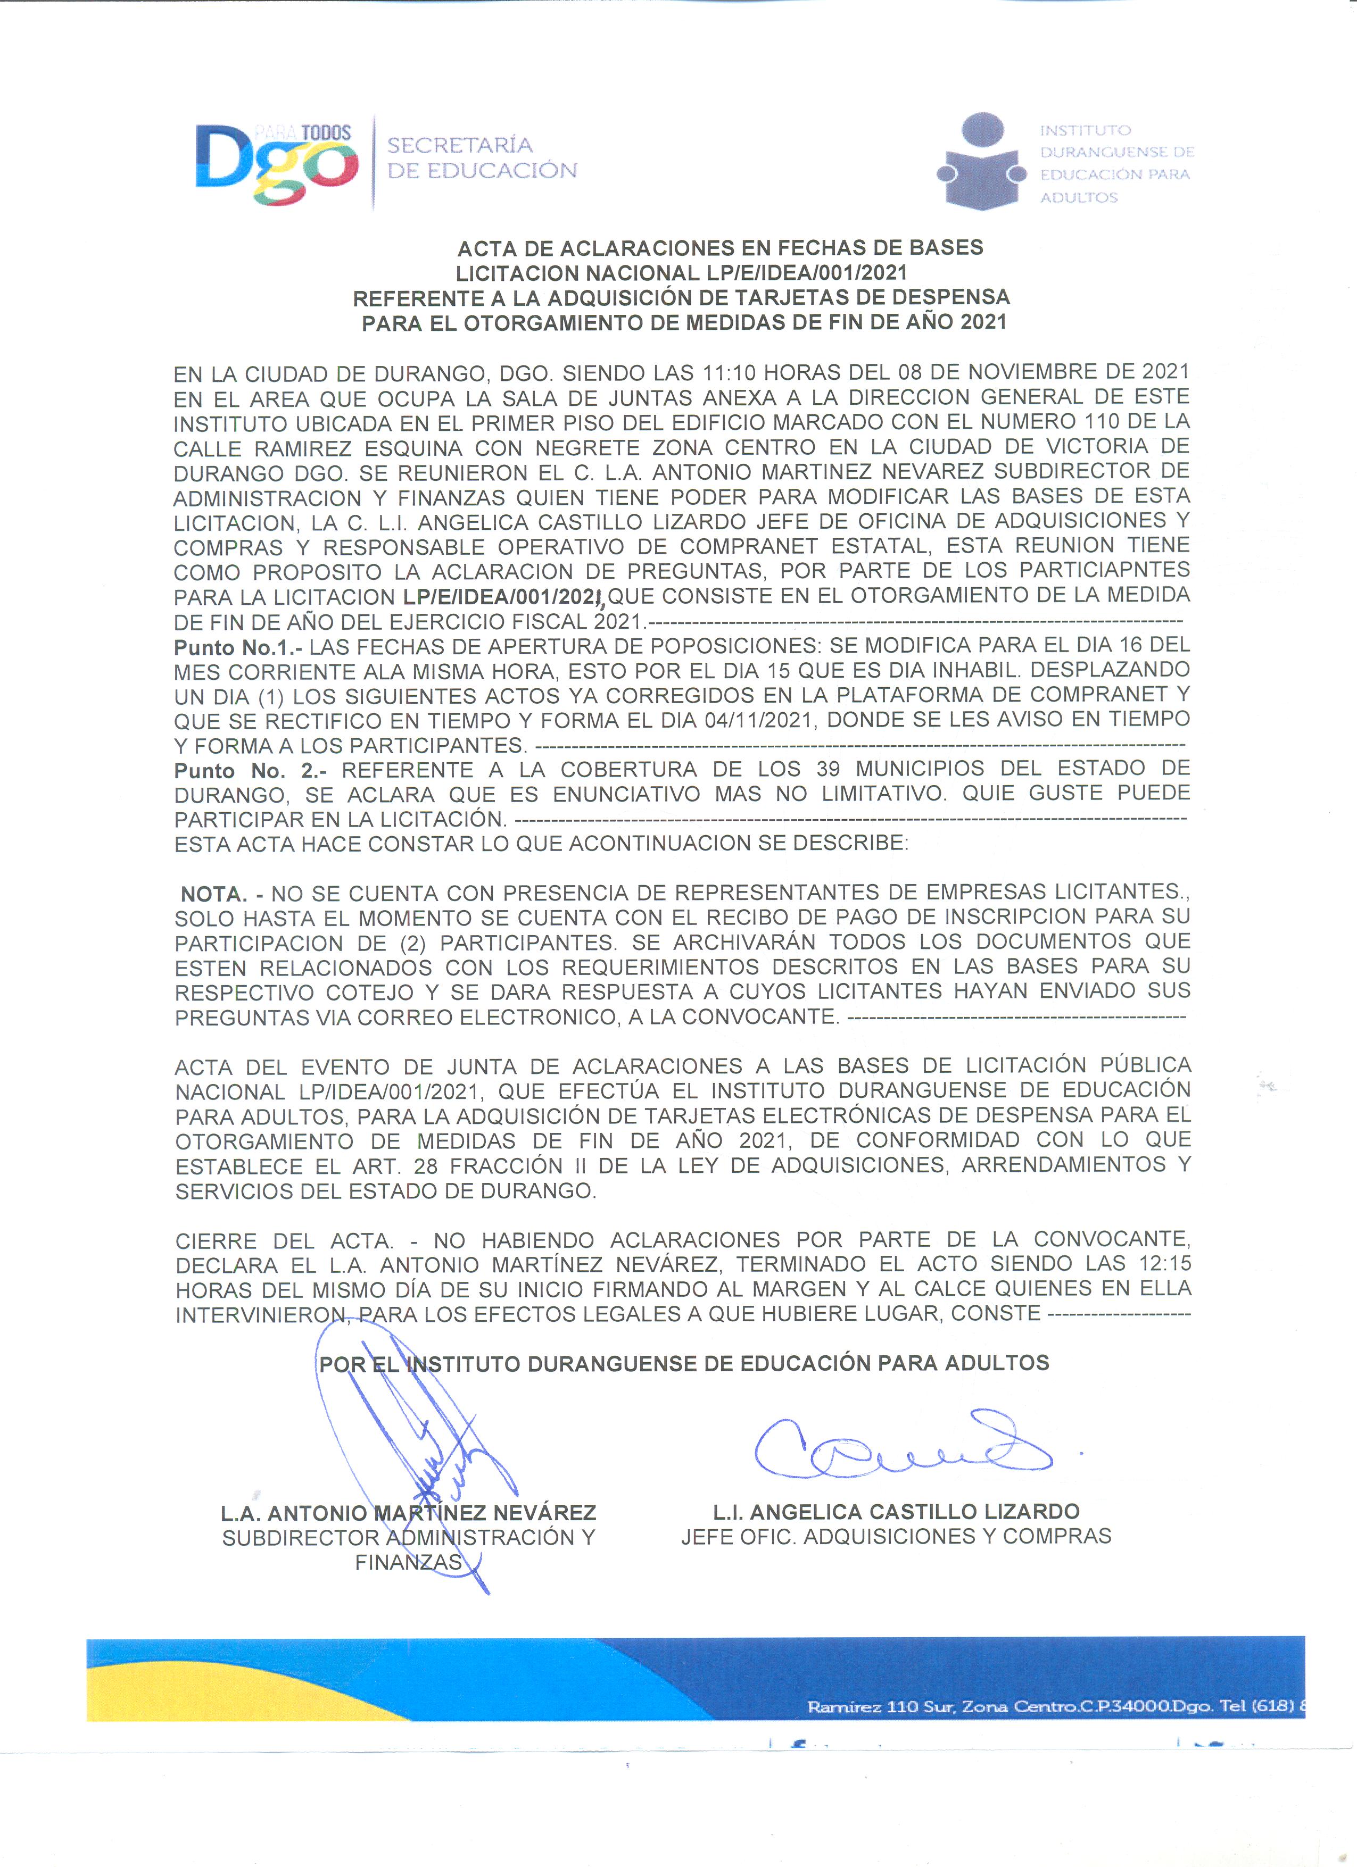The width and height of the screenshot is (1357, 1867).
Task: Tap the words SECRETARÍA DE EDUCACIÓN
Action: point(482,158)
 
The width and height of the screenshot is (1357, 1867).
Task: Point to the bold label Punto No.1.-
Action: point(238,646)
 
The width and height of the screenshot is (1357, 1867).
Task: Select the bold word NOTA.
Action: point(213,894)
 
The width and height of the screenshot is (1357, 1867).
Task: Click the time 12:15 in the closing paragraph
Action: point(1164,1264)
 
